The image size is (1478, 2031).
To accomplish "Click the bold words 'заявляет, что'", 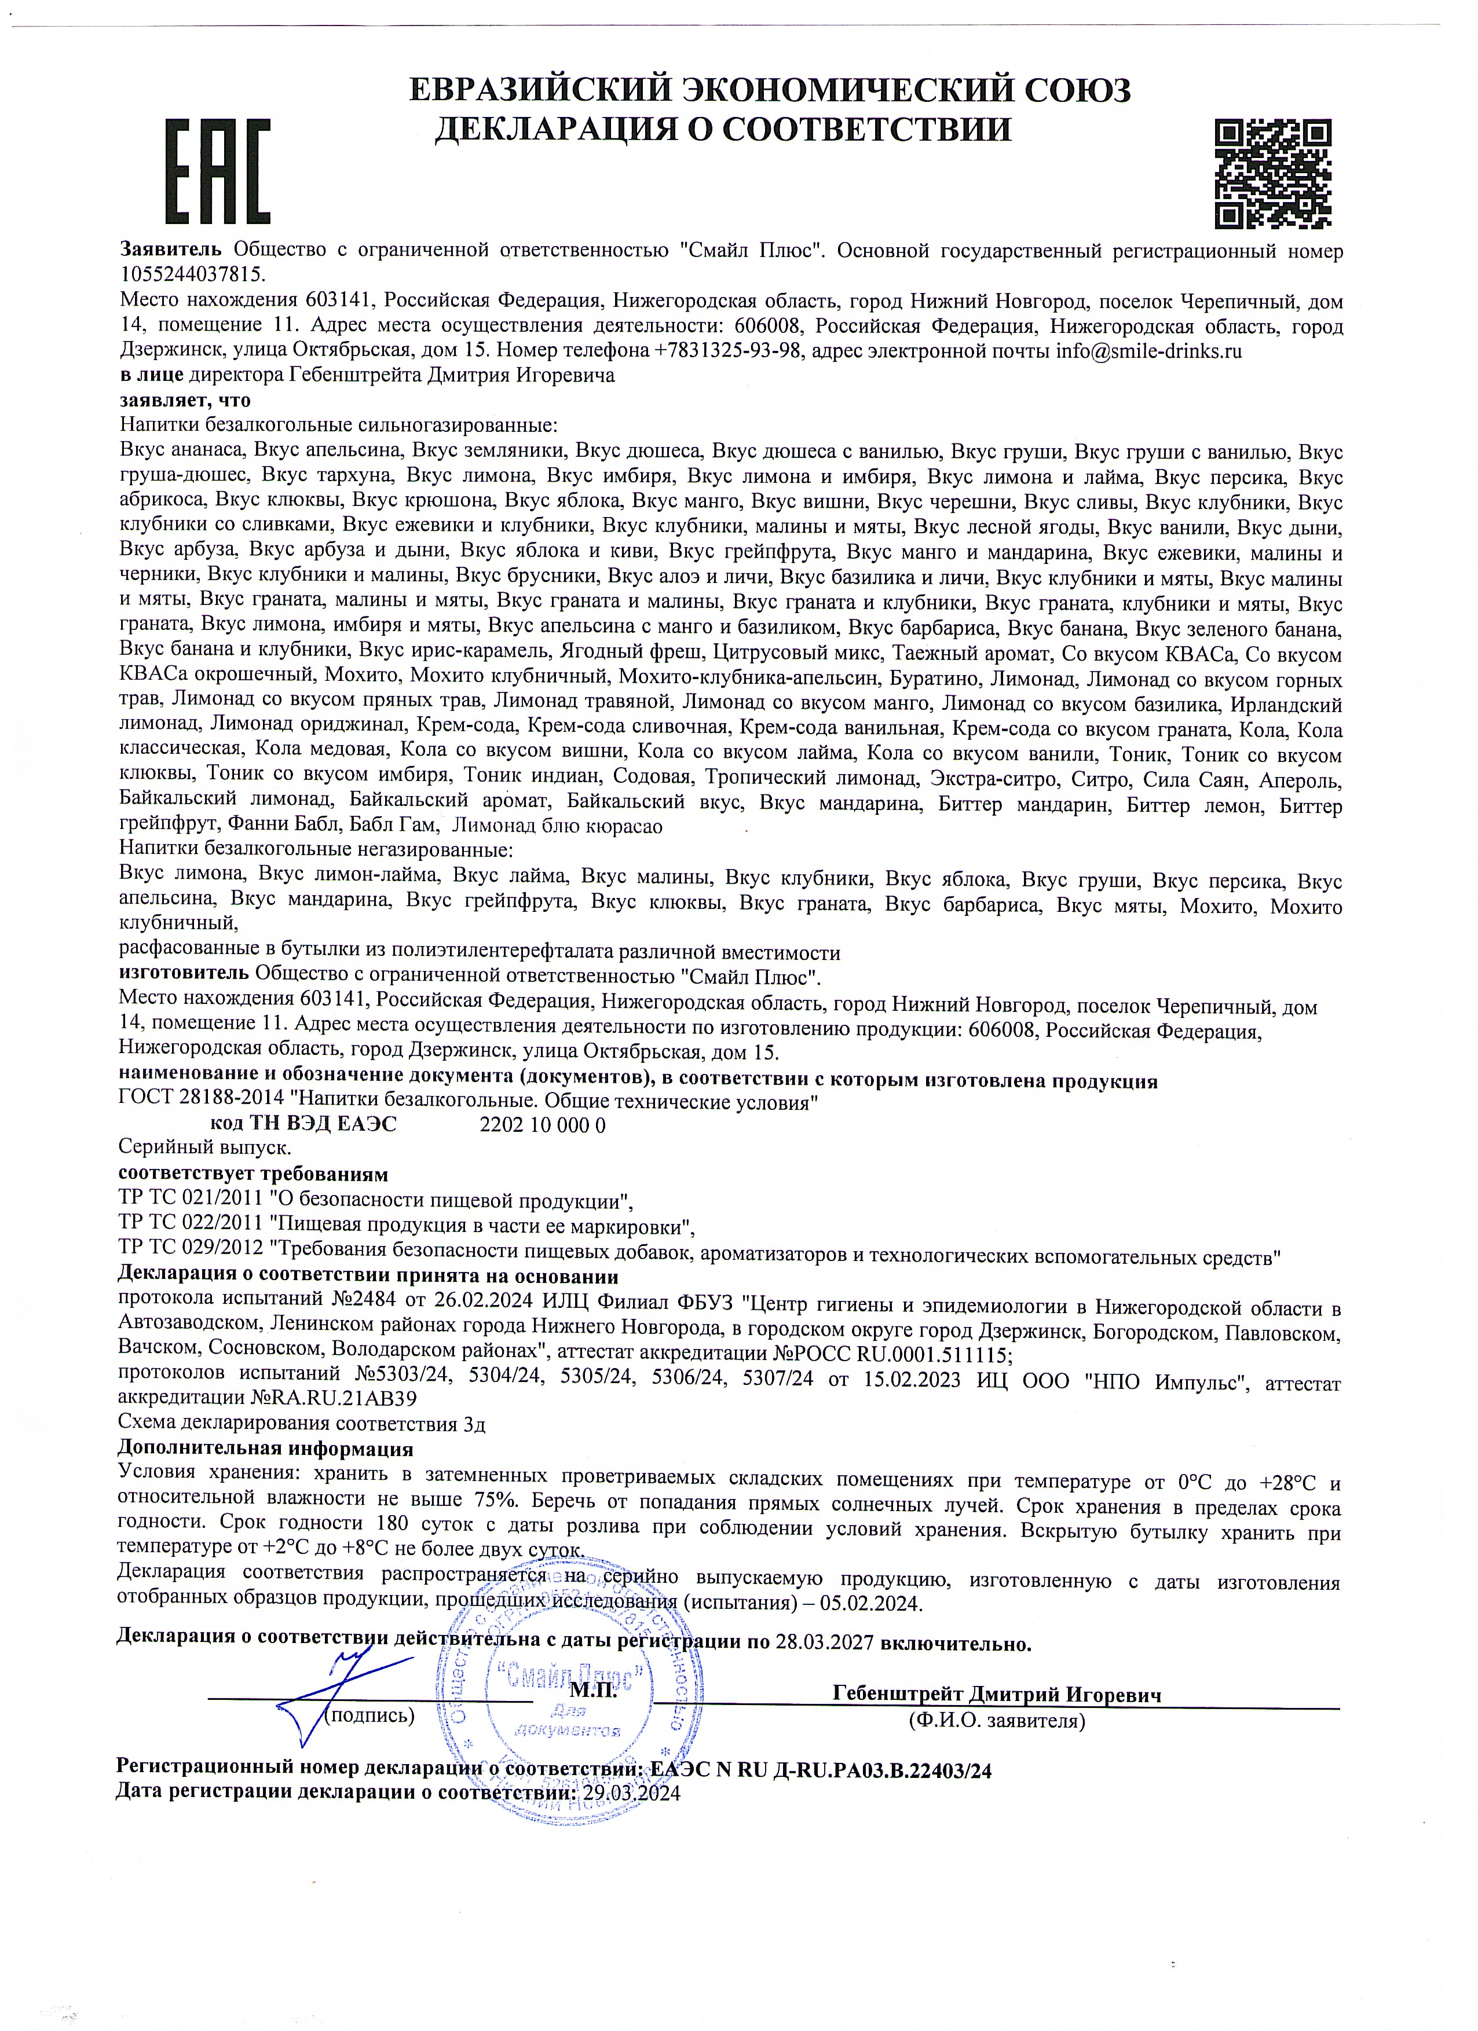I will tap(185, 399).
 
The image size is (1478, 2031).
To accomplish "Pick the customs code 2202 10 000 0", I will tap(543, 1125).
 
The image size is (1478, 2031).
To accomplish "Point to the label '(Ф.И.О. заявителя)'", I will tap(996, 1720).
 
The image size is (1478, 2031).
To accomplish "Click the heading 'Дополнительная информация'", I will tap(265, 1448).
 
